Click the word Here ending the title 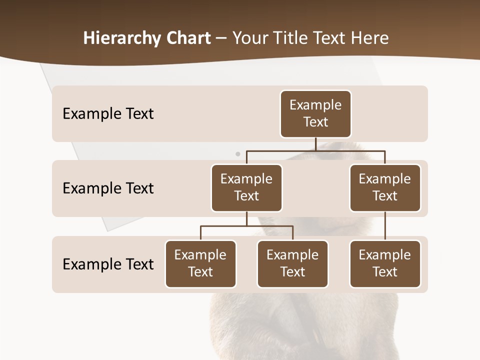click(370, 38)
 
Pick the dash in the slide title click(221, 38)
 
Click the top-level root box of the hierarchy click(315, 114)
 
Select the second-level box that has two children click(246, 188)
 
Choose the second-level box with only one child click(385, 188)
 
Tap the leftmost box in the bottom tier click(200, 264)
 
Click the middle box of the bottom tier click(292, 264)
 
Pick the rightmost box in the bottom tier click(385, 264)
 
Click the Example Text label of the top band click(108, 114)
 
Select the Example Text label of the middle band click(108, 188)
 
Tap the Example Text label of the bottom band click(108, 264)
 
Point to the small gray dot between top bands click(238, 154)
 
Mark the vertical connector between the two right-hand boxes click(385, 226)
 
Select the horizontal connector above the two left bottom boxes click(246, 226)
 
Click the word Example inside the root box click(315, 105)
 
